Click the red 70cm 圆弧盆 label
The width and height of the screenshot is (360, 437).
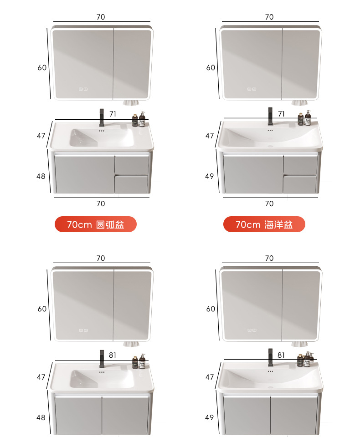95,224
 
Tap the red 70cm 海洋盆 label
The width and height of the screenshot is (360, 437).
264,224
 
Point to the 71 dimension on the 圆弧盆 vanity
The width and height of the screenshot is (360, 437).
113,114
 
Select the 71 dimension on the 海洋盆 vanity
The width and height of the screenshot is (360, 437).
281,114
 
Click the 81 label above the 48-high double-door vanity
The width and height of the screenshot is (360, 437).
113,356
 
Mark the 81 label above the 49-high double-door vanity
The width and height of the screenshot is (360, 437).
281,356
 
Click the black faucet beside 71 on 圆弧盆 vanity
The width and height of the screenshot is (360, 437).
102,117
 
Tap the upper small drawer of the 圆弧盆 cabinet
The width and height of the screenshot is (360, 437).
132,164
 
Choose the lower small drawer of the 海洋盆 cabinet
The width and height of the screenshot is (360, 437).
300,183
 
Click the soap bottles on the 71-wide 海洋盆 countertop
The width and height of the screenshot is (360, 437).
304,118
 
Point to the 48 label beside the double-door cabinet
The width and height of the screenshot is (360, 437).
41,417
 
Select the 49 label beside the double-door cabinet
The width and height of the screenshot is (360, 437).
209,417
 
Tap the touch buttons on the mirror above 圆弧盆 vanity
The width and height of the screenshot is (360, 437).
83,89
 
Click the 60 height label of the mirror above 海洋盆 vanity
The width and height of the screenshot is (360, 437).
211,68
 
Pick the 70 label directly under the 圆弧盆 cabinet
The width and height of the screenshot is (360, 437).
101,204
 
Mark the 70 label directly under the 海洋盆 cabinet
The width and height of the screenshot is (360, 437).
269,204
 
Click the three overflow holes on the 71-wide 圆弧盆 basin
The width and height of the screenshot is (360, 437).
102,131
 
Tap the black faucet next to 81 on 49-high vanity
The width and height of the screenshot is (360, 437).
270,357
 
